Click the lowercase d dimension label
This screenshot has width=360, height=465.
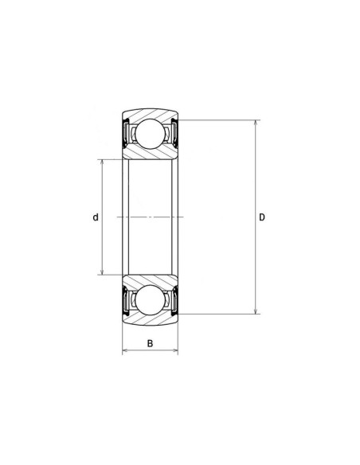(x=95, y=217)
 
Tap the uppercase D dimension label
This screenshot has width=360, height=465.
(x=262, y=217)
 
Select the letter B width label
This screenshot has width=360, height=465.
(x=150, y=344)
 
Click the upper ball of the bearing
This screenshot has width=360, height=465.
(x=150, y=133)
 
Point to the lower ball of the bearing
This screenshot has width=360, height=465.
(x=150, y=300)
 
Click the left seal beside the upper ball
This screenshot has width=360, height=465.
(x=125, y=133)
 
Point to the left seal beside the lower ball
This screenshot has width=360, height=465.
(x=125, y=300)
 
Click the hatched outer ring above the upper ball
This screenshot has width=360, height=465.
(x=150, y=113)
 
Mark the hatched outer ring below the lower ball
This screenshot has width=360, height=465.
(x=150, y=320)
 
